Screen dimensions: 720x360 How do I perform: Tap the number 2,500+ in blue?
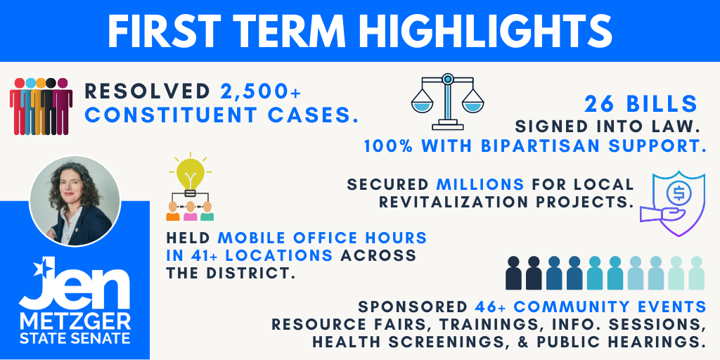tap(260, 92)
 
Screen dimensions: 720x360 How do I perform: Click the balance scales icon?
tap(447, 101)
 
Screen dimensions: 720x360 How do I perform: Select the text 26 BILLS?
tap(641, 105)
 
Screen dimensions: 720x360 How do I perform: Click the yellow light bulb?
tap(191, 174)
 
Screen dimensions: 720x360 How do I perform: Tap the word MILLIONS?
tap(480, 185)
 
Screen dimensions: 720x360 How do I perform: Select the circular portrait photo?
tap(75, 200)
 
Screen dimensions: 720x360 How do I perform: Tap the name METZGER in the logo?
tap(75, 321)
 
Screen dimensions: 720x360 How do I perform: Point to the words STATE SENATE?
tap(75, 339)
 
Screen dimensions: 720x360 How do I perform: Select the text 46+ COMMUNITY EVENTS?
tap(591, 307)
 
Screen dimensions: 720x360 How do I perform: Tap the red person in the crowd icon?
tap(19, 107)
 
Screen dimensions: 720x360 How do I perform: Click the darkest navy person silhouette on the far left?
tap(513, 274)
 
